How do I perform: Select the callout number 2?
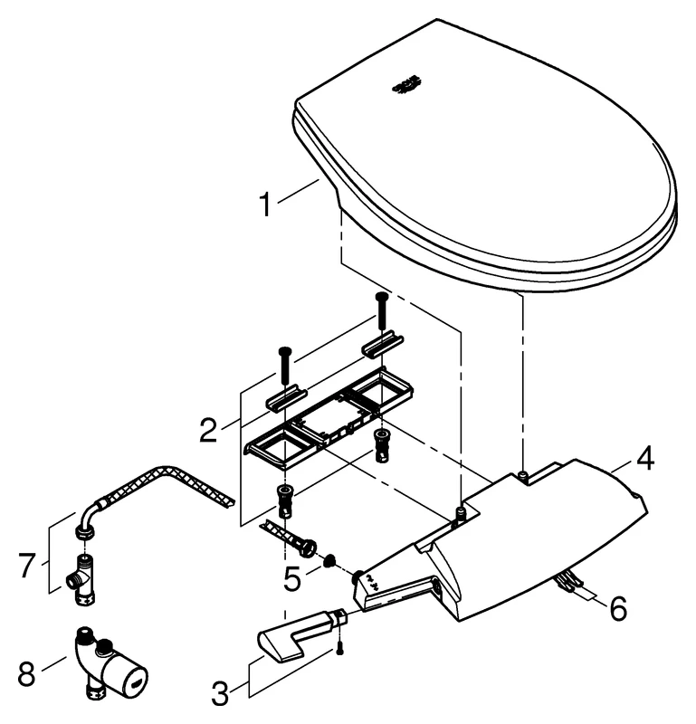point(208,430)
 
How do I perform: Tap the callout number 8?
point(28,673)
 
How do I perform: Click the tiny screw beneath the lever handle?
point(340,648)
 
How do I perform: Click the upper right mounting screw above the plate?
point(381,310)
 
